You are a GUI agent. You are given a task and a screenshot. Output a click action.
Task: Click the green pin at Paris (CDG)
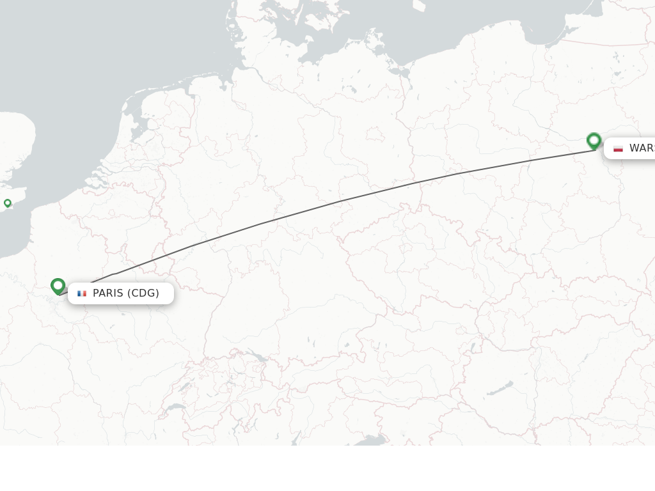(x=58, y=285)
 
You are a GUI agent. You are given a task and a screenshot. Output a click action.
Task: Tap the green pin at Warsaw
(x=594, y=140)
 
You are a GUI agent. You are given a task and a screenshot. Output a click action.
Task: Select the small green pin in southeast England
(x=8, y=203)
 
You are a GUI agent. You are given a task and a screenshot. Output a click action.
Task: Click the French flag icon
(x=82, y=293)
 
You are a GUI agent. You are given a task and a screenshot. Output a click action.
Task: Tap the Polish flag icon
(x=618, y=148)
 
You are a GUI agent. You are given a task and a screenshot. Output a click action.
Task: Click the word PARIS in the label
(x=107, y=293)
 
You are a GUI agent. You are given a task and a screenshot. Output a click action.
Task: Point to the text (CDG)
(x=143, y=293)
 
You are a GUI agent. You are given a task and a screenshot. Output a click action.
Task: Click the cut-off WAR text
(x=642, y=148)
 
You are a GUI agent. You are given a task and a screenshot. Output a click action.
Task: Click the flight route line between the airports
(x=339, y=201)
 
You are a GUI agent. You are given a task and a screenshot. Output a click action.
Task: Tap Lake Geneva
(x=175, y=407)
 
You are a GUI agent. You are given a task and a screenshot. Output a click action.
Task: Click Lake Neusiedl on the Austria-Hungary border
(x=474, y=348)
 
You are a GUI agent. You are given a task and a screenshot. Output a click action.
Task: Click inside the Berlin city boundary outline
(x=374, y=135)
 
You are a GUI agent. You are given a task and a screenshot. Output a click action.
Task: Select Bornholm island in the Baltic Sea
(x=419, y=5)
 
